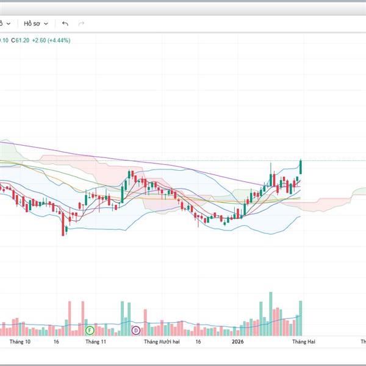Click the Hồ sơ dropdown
tap(35, 23)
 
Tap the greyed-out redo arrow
tap(81, 24)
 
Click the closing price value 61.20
tap(23, 40)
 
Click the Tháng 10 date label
tap(20, 342)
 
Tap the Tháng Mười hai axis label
tap(162, 342)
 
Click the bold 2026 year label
tap(237, 342)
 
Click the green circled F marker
tap(90, 330)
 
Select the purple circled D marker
tap(135, 330)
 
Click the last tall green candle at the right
tap(301, 167)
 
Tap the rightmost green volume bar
tap(301, 317)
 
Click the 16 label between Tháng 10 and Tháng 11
tap(56, 342)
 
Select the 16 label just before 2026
tap(198, 342)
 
